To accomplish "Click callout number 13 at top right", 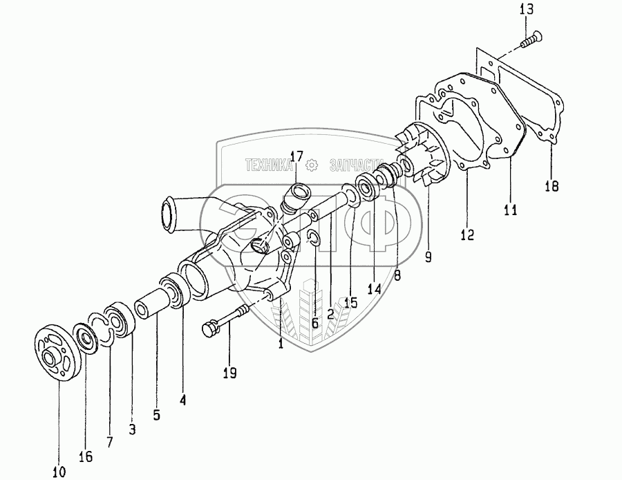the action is (527, 9).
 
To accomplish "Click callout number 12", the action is (467, 235).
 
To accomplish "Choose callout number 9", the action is (428, 257).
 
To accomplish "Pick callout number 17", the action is (296, 157).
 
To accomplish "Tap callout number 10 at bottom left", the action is (58, 472).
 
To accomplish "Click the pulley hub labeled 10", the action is (55, 352).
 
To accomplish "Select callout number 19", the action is (229, 373).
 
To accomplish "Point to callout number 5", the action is (157, 415).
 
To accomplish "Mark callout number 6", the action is (314, 322).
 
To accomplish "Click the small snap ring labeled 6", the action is (312, 239).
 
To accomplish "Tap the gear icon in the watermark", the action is (311, 165).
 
